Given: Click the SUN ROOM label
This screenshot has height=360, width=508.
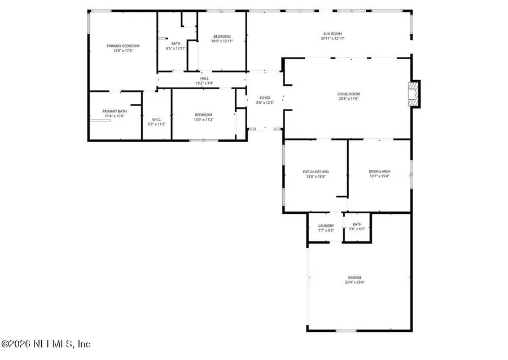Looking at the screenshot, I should click(x=332, y=34).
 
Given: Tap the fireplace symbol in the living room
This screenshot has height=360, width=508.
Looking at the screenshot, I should click(x=414, y=94).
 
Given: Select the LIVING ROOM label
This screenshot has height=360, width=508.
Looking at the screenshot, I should click(x=348, y=94).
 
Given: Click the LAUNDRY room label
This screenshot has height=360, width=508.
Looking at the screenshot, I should click(x=326, y=225).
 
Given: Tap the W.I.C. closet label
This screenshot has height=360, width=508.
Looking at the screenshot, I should click(x=156, y=119).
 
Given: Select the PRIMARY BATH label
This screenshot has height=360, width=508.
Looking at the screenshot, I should click(x=114, y=111).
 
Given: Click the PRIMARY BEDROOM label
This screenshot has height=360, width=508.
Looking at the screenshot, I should click(x=123, y=46).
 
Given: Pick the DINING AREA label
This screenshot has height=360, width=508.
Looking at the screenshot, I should click(x=379, y=172).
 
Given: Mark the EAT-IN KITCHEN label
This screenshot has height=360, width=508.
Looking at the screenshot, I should click(x=316, y=172).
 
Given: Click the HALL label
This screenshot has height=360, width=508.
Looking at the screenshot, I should click(x=204, y=79).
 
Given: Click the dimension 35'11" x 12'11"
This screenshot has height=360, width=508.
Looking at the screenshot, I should click(x=332, y=38).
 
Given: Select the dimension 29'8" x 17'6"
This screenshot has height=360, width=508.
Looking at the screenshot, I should click(x=348, y=99).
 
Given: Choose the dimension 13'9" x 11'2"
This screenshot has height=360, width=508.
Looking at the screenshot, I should click(x=204, y=119).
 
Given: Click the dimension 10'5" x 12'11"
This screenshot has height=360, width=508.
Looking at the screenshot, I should click(x=221, y=41).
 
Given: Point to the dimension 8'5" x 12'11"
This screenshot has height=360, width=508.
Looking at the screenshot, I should click(x=176, y=49).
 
